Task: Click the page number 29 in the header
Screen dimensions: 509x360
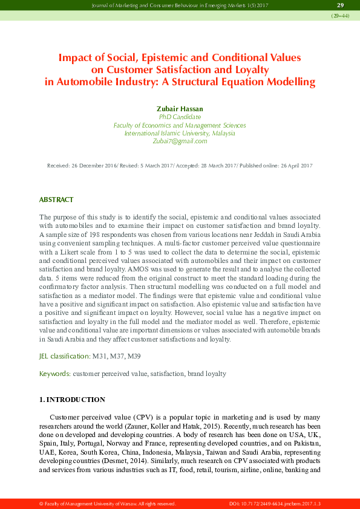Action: pyautogui.click(x=340, y=5)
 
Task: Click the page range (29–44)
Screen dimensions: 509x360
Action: pyautogui.click(x=339, y=16)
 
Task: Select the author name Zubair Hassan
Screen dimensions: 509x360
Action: pyautogui.click(x=180, y=109)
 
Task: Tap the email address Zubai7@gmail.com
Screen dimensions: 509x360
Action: pyautogui.click(x=180, y=141)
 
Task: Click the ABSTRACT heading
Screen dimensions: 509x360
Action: pyautogui.click(x=56, y=199)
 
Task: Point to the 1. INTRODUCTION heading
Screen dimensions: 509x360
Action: pyautogui.click(x=72, y=400)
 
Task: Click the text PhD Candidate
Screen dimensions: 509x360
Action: pyautogui.click(x=180, y=117)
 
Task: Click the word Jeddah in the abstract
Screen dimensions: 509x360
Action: pyautogui.click(x=248, y=233)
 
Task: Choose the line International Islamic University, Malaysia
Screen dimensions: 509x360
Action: pyautogui.click(x=180, y=133)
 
